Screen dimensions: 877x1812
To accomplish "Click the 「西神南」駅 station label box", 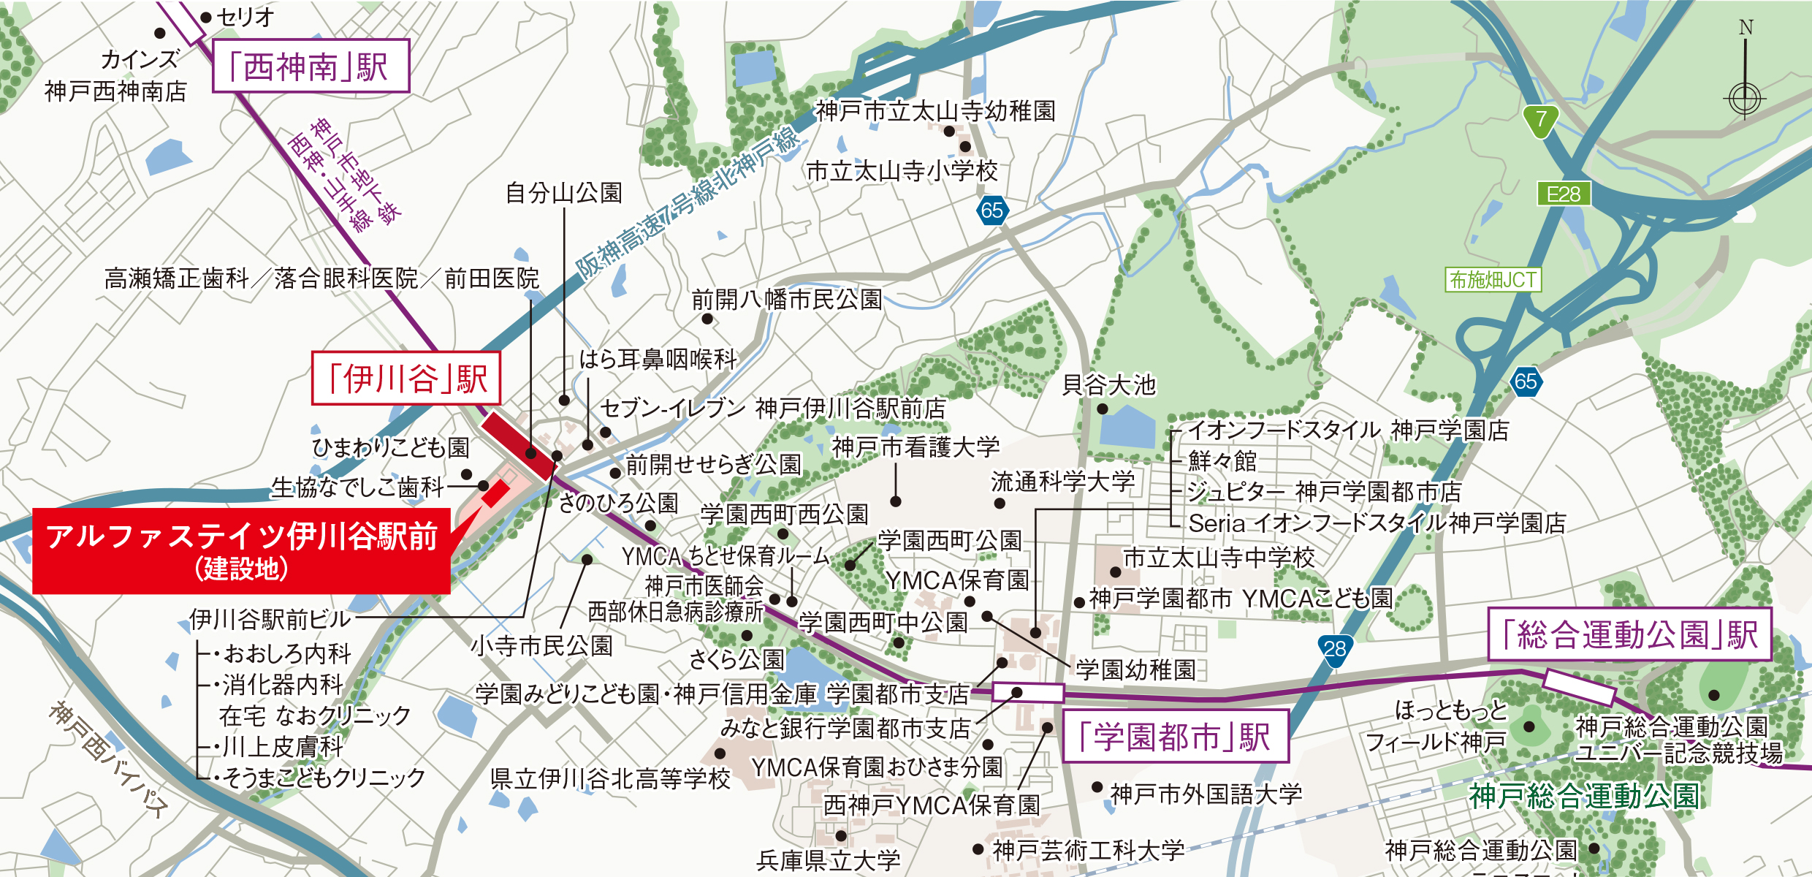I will click(311, 67).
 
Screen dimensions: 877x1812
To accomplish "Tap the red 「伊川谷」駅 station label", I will click(406, 379).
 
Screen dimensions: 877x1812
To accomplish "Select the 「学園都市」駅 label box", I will click(1175, 736).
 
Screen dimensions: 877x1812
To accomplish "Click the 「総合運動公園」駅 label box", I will click(1630, 634).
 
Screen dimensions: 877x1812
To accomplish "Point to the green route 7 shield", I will click(1541, 119).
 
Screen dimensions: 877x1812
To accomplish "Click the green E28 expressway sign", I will click(1563, 194).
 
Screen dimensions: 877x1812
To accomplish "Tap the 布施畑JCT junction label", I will click(1493, 280).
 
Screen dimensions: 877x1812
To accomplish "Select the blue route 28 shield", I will click(1335, 649).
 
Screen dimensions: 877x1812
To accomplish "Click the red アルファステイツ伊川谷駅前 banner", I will click(241, 550).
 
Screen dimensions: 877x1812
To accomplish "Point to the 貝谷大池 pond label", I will click(1108, 384).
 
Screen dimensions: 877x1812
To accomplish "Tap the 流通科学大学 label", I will click(1062, 482).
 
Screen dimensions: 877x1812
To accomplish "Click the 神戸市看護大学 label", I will click(915, 447).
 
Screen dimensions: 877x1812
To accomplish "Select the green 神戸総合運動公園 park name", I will click(1584, 796).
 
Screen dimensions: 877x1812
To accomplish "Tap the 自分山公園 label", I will click(563, 193).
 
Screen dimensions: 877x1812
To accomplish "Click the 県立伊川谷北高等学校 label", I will click(610, 778).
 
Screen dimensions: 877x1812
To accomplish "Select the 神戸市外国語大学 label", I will click(1206, 794).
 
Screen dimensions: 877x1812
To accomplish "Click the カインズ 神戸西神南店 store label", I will click(115, 75).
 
